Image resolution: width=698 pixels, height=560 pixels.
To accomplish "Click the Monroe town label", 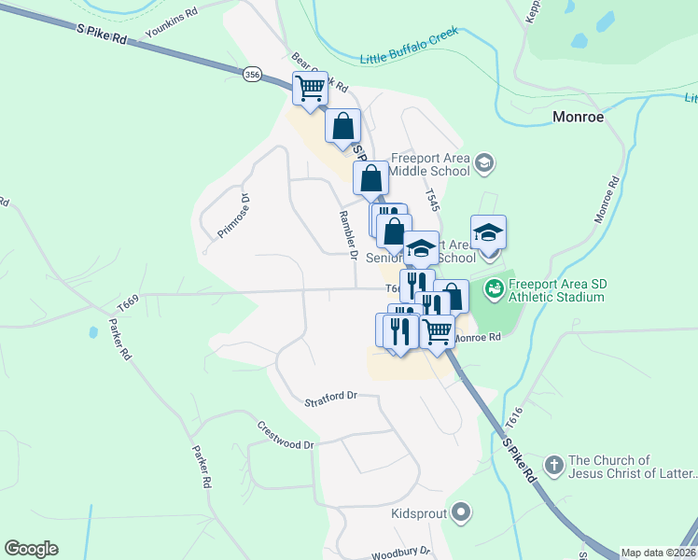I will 579,118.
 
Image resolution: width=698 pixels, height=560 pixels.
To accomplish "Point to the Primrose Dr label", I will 233,217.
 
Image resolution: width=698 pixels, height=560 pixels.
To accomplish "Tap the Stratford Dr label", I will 331,399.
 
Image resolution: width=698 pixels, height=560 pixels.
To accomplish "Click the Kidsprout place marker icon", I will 460,511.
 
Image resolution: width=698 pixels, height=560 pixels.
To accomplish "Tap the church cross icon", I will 553,464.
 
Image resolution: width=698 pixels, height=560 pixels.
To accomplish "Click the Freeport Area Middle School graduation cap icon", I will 483,164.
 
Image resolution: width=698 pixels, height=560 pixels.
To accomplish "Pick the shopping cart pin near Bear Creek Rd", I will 309,88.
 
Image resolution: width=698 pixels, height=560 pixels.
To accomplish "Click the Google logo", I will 31,549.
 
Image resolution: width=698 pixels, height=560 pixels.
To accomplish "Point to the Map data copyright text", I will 659,553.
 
